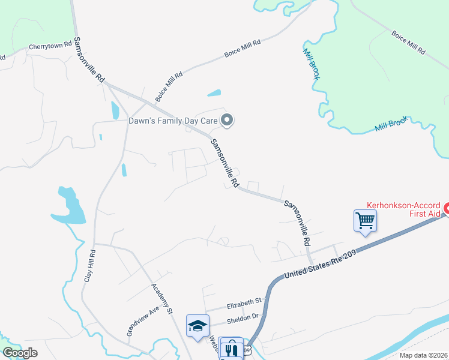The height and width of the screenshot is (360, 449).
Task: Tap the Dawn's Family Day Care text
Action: pos(172,121)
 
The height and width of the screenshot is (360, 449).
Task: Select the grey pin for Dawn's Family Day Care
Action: pos(227,121)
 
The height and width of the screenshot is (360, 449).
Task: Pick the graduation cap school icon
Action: pos(198,326)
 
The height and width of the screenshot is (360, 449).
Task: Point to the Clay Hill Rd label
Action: pos(89,266)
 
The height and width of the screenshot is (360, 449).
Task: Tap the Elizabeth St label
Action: pos(243,301)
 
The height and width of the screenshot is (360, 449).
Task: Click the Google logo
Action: pos(20,353)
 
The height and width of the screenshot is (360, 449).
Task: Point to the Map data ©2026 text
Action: pos(423,355)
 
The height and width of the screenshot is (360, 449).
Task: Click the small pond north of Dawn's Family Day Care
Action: pos(214,93)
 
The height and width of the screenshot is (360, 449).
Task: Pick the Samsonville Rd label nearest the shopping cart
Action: pos(298,223)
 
